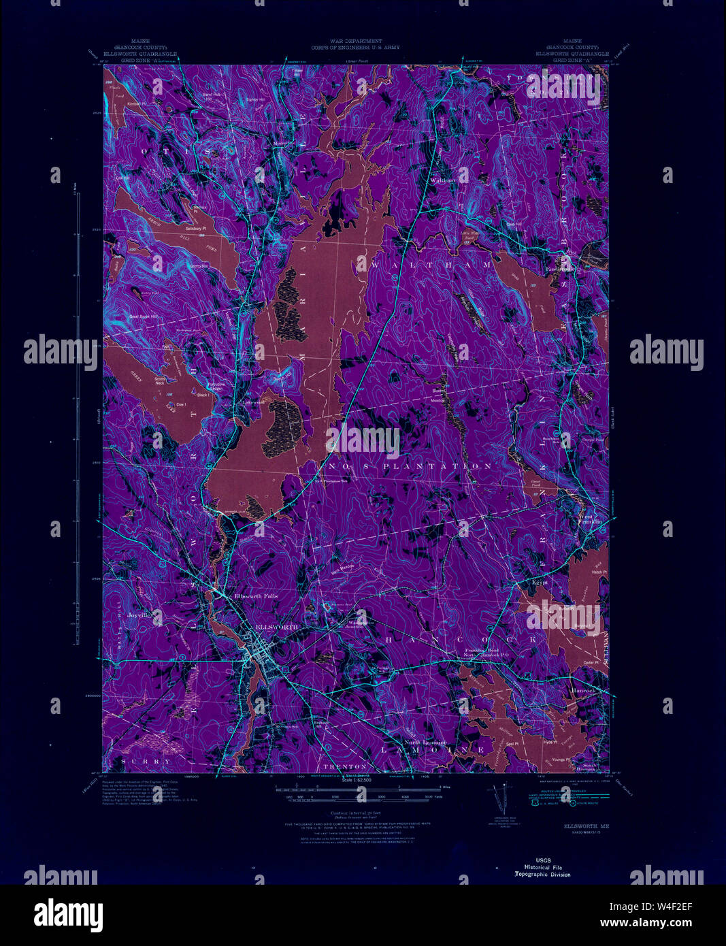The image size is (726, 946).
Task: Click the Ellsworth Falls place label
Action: tap(256, 596)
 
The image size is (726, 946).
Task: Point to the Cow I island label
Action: tap(181, 404)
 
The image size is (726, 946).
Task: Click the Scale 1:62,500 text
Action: tap(361, 779)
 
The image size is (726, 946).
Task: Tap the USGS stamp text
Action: tap(542, 860)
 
